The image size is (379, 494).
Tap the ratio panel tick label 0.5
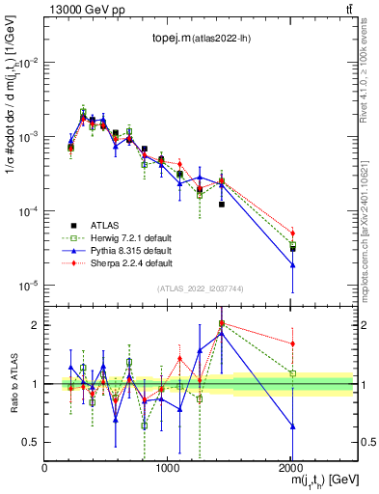click(x=30, y=442)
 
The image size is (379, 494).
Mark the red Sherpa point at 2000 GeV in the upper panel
click(x=292, y=233)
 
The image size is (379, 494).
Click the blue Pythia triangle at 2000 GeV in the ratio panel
click(x=292, y=425)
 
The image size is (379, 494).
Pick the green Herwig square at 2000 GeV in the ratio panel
click(x=292, y=373)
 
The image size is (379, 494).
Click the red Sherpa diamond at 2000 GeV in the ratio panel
click(x=292, y=343)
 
